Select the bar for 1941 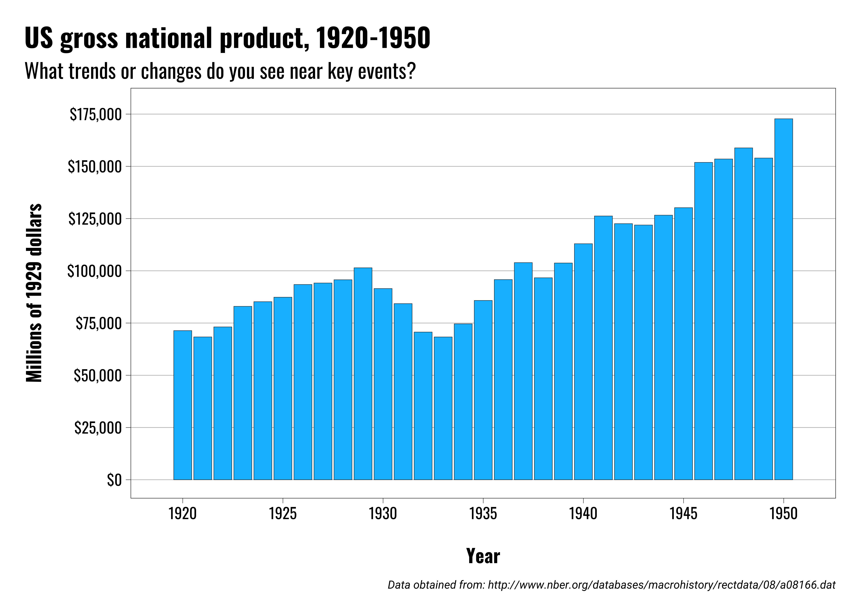(603, 348)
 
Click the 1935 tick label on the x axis (483, 513)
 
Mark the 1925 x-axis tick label (283, 513)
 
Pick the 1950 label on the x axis (784, 513)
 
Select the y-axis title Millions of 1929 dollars (34, 293)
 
